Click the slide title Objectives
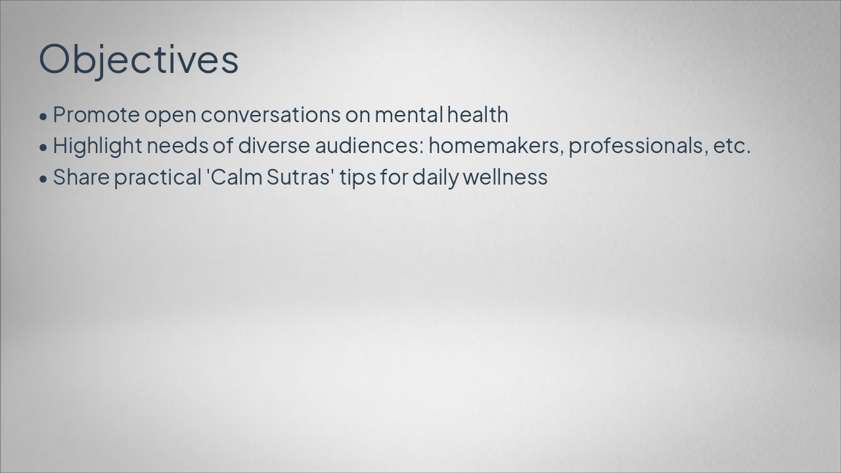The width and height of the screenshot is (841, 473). click(139, 59)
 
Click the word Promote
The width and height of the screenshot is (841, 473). click(96, 115)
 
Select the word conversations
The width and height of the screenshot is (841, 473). click(271, 115)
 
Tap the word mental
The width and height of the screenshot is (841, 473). click(409, 115)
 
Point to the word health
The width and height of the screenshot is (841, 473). click(478, 115)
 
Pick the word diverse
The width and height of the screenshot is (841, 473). click(273, 146)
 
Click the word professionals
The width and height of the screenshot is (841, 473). click(637, 146)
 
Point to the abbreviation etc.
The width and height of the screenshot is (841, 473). click(731, 146)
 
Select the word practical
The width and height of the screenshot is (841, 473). click(157, 177)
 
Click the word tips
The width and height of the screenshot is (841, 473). click(357, 177)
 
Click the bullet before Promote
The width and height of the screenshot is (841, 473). click(43, 116)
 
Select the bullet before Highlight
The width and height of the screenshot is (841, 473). click(43, 147)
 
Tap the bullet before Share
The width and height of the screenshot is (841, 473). click(43, 179)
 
